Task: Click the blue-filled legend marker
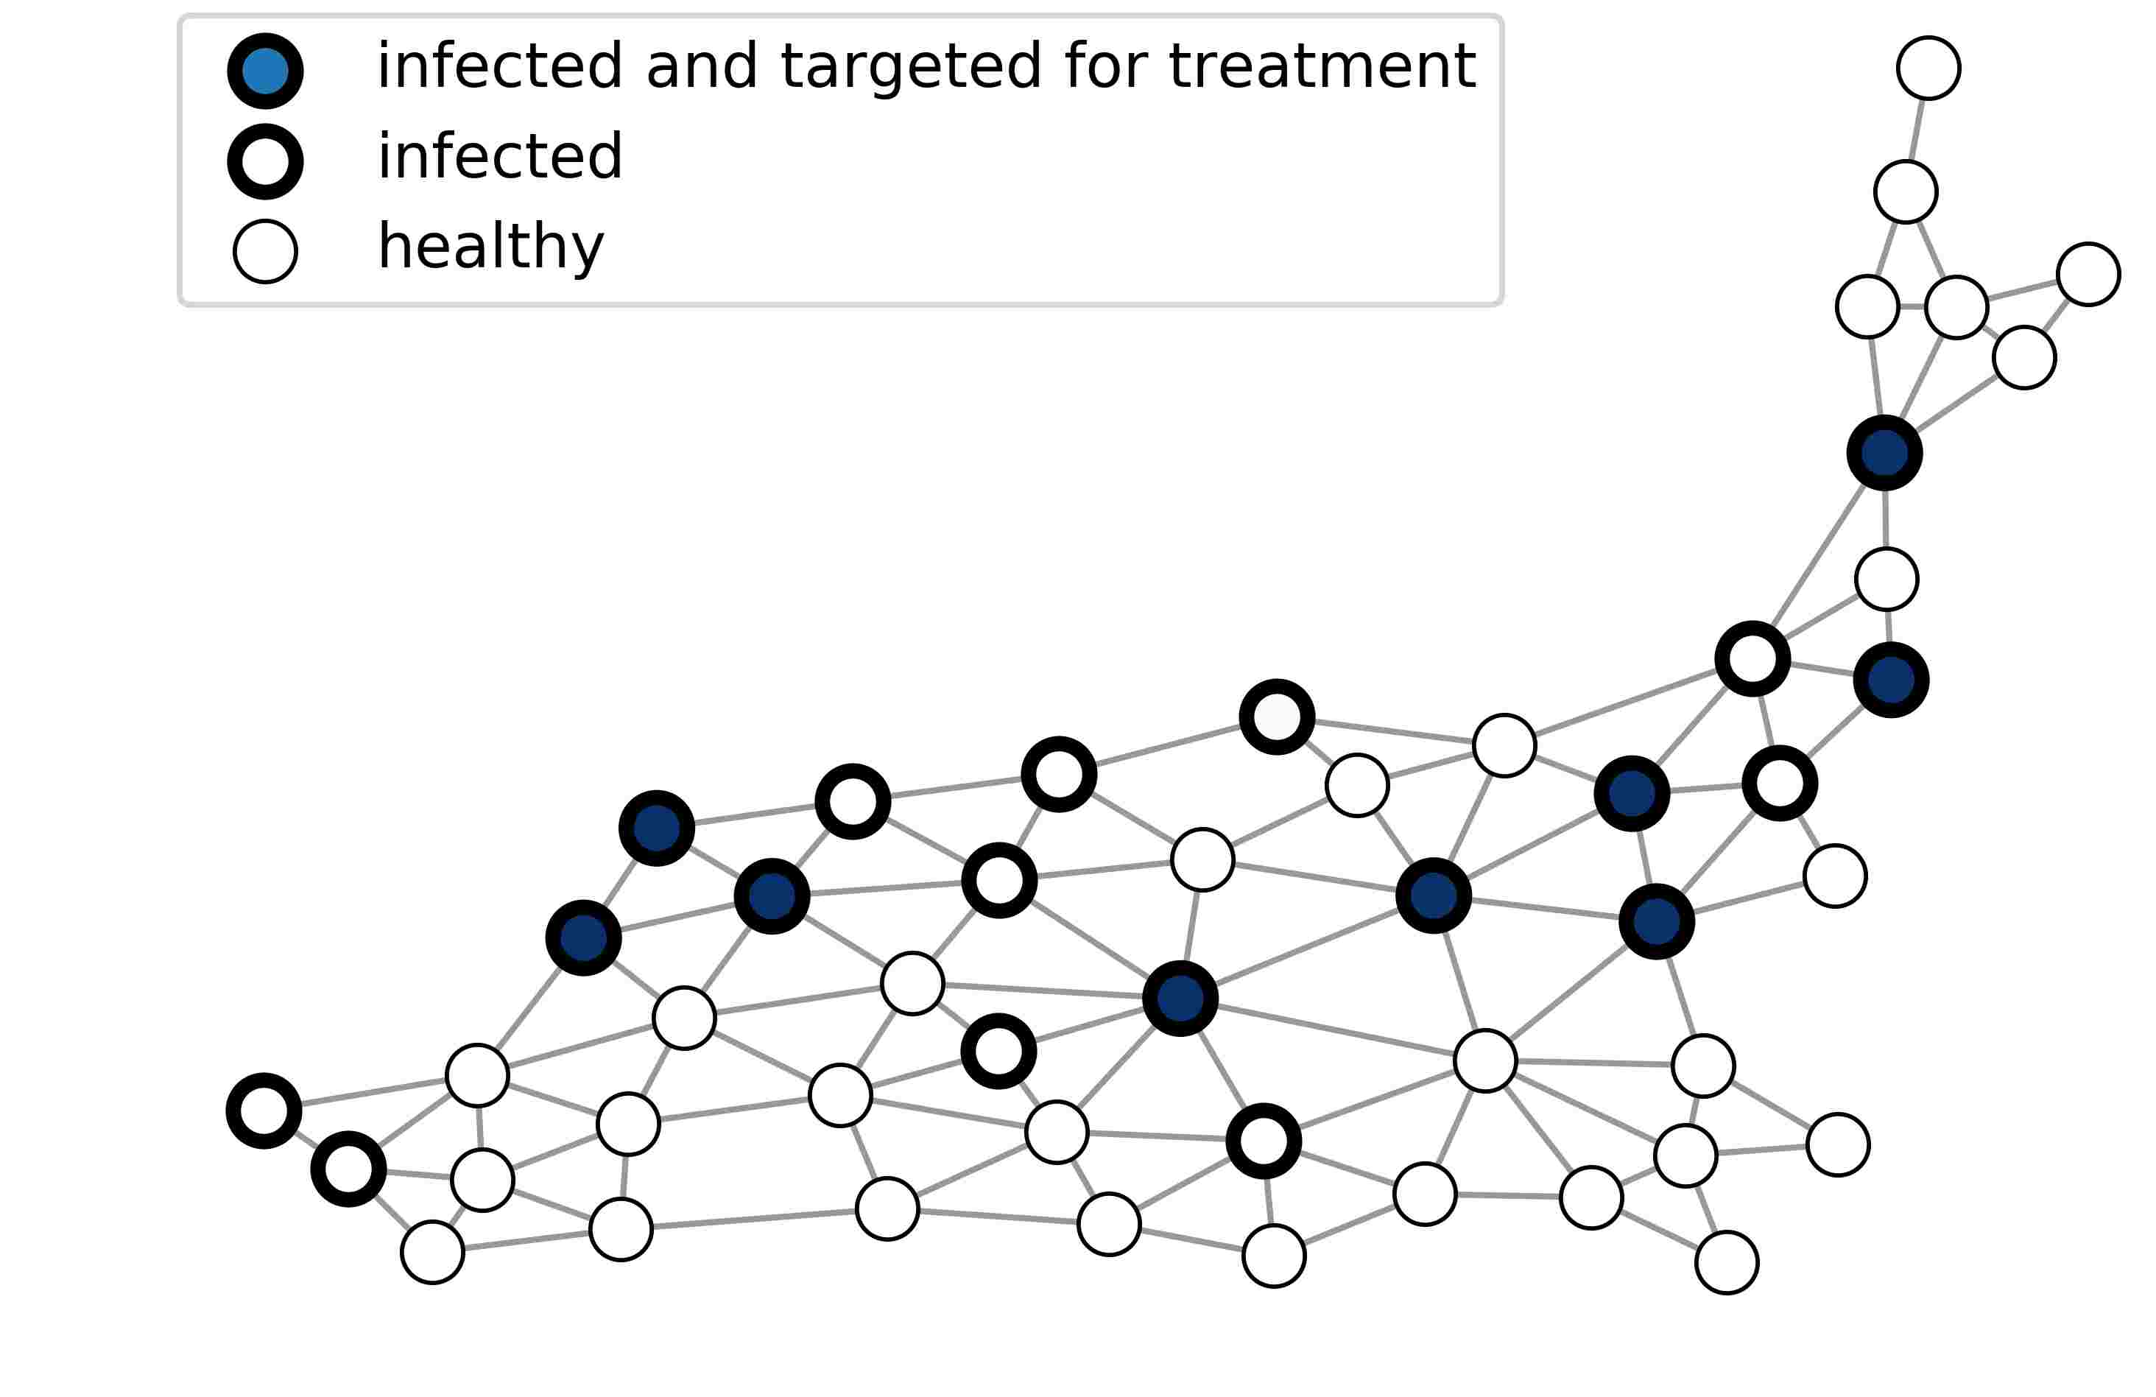[264, 71]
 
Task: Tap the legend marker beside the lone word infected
[264, 161]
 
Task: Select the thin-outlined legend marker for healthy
[264, 251]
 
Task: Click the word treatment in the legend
[1322, 66]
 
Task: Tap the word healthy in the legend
[490, 247]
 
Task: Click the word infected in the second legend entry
[499, 157]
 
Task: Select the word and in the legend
[701, 66]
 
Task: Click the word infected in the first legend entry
[499, 66]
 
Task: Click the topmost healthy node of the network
[1928, 68]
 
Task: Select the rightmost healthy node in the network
[2088, 274]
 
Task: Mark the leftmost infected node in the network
[264, 1111]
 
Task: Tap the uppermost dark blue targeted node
[1884, 453]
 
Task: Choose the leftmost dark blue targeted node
[583, 937]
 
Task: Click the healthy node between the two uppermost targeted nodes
[1886, 579]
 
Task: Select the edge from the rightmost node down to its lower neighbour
[2057, 314]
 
